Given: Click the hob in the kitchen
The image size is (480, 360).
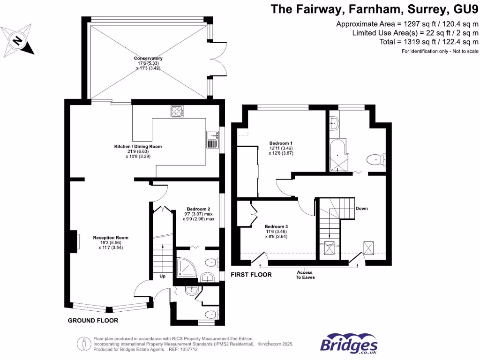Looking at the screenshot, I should click(x=178, y=112).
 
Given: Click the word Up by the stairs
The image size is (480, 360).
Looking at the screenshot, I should click(x=163, y=276).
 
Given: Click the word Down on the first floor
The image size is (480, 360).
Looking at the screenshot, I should click(x=361, y=208).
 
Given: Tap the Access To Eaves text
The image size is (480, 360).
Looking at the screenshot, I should click(x=304, y=275).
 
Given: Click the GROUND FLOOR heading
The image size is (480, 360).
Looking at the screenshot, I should click(x=93, y=321).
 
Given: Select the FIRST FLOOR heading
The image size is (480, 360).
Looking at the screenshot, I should click(x=251, y=275).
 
